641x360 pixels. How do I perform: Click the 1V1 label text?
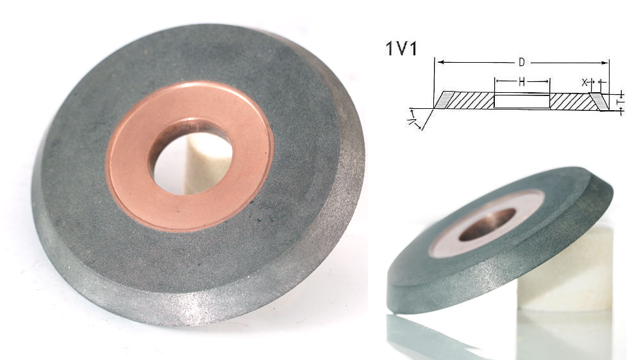pos(401,49)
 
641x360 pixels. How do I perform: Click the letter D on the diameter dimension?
pos(522,62)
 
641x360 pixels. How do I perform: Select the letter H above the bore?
pos(522,82)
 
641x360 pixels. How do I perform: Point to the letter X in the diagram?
pos(584,83)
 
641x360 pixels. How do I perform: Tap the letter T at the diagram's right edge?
pos(620,101)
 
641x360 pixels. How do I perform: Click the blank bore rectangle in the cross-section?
pos(522,101)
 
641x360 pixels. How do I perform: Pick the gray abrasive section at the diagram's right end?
pos(599,101)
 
